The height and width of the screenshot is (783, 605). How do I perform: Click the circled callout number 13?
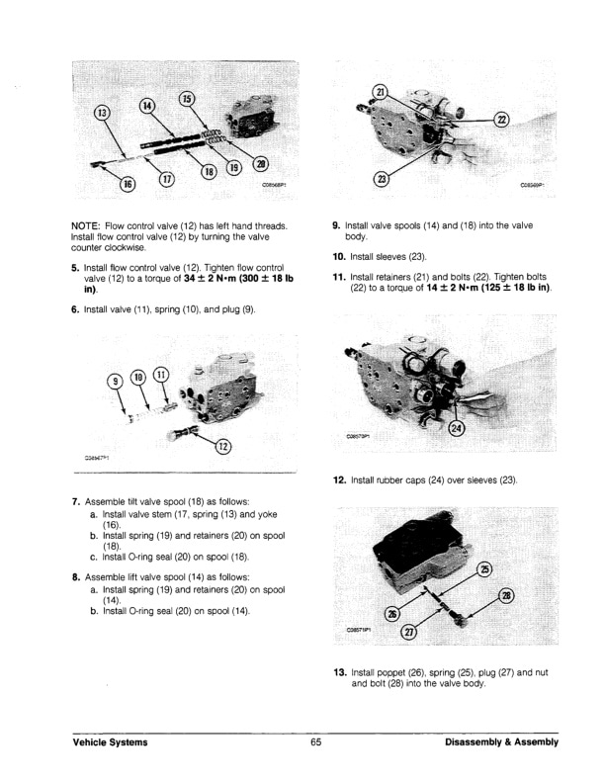[102, 113]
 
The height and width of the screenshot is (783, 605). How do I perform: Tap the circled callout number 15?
[187, 99]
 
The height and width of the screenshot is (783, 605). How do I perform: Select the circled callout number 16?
[129, 183]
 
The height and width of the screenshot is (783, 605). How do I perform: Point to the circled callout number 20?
[261, 163]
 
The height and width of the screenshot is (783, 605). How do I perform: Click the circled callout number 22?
[501, 120]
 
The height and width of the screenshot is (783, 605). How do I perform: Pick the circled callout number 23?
[382, 179]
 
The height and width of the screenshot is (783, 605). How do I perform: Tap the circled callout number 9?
[116, 381]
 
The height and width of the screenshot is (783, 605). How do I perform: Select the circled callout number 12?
[222, 446]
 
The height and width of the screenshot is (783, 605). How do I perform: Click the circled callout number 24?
[458, 428]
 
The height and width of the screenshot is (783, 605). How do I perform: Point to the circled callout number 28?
[506, 595]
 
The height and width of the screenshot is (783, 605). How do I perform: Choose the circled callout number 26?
[392, 614]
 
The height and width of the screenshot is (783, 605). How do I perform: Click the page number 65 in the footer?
[316, 742]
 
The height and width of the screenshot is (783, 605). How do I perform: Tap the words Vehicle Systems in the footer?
[110, 742]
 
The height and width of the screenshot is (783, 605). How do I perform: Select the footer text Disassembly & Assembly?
[501, 742]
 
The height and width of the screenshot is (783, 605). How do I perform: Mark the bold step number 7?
[76, 501]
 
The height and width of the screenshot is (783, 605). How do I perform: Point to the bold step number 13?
[339, 672]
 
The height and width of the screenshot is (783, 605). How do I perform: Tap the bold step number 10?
[339, 257]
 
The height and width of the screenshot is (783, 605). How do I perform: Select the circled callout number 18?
[209, 172]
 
